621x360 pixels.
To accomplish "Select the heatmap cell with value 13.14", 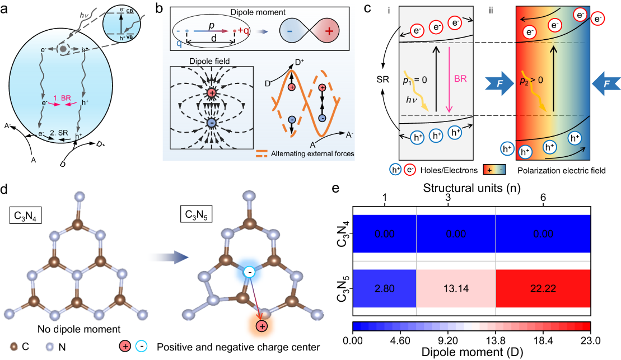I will [456, 288].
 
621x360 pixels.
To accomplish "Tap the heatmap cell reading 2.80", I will [384, 288].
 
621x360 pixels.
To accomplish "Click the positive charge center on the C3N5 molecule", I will [261, 326].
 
